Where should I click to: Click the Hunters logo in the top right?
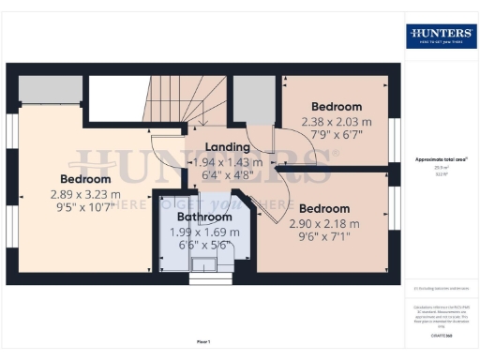[x=440, y=36]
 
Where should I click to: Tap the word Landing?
[x=227, y=147]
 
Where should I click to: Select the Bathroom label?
[x=204, y=217]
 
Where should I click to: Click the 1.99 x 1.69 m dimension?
[x=203, y=232]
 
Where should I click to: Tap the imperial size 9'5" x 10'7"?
[x=85, y=208]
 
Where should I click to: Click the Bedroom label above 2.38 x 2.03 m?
[x=336, y=107]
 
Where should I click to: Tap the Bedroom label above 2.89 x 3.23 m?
[x=85, y=179]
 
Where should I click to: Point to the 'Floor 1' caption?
[x=204, y=342]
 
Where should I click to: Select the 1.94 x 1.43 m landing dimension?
[x=227, y=161]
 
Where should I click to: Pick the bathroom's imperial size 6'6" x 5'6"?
[x=203, y=246]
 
